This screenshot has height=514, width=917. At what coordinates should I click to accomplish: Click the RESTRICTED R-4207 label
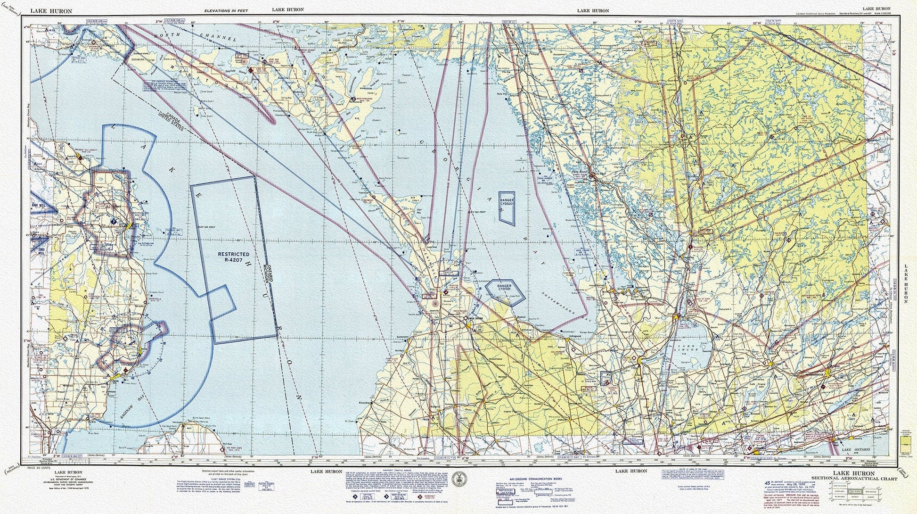click(x=234, y=257)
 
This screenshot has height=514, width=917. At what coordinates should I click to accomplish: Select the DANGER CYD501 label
click(x=504, y=288)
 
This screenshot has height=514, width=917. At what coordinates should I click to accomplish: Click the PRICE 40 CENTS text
click(x=39, y=467)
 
